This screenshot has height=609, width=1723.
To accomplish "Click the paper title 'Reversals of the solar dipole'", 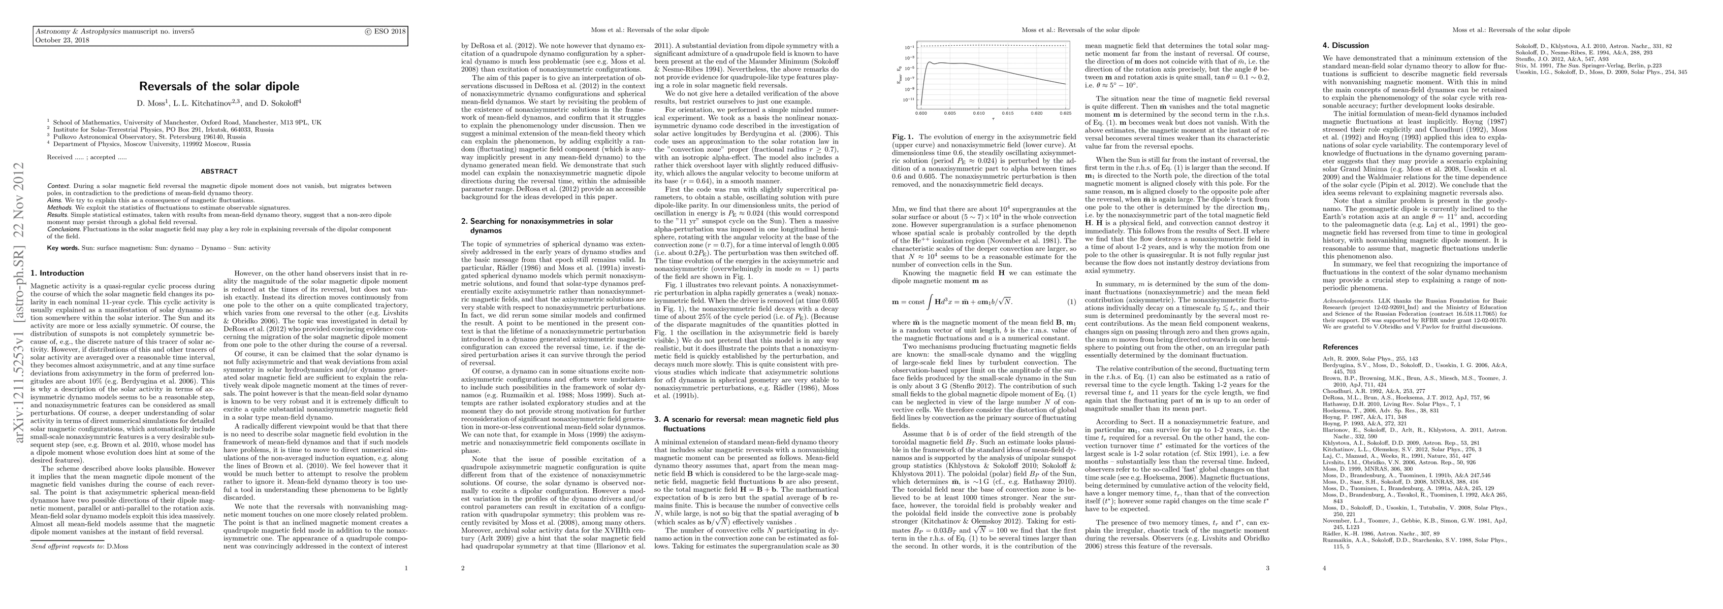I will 219,86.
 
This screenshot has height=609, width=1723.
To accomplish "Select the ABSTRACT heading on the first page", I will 219,171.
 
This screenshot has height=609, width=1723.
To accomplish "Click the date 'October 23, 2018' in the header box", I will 57,40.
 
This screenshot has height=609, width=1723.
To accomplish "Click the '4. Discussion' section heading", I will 1345,46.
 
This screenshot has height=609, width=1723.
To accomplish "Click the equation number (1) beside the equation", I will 1071,301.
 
